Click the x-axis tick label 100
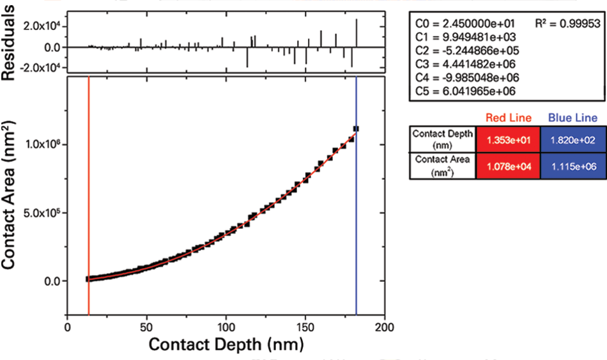(x=226, y=326)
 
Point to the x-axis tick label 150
(x=305, y=326)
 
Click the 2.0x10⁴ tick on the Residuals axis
(x=39, y=26)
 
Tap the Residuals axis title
(x=10, y=40)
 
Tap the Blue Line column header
(x=572, y=118)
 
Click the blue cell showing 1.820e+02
(x=572, y=139)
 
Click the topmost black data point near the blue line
(x=356, y=129)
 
